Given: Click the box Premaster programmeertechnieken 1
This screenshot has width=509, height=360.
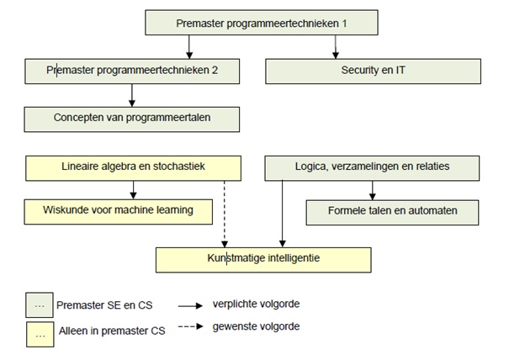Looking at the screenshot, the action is [x=262, y=23].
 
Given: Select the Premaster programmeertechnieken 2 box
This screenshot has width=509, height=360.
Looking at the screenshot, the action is [x=132, y=71].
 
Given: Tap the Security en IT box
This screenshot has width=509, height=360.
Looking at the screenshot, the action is [x=373, y=71].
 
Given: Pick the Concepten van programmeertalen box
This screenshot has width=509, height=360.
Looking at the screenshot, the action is [x=132, y=119].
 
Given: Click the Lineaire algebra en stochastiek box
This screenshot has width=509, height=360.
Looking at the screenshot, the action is [x=133, y=168].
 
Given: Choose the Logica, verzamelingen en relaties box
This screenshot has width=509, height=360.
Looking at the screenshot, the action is [x=372, y=168].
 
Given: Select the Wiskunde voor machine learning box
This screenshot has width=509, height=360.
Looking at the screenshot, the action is [x=118, y=212].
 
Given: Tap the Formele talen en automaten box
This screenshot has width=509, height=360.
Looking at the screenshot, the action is [x=392, y=212].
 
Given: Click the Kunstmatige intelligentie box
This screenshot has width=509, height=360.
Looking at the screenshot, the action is [x=263, y=260].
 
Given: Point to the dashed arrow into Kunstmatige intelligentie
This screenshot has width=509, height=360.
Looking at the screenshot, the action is [x=225, y=214].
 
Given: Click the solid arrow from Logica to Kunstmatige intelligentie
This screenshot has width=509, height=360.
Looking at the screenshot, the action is [x=283, y=214].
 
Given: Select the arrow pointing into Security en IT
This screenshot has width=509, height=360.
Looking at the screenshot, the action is [x=336, y=47].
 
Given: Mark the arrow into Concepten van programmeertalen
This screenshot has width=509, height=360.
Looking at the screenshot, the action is [x=132, y=95].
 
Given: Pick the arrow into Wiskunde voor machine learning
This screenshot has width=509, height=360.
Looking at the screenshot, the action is [x=133, y=190].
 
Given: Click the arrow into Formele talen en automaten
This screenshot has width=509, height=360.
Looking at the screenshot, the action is [x=373, y=190].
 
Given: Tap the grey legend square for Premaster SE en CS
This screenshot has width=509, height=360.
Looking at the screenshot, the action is [x=40, y=304].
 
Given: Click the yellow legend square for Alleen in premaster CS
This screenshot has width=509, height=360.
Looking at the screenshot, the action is [x=40, y=335].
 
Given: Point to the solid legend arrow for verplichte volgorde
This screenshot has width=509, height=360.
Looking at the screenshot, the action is [x=190, y=306].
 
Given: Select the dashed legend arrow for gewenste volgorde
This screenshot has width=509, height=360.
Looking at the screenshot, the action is [x=190, y=326].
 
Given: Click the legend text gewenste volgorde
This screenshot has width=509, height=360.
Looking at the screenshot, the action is [x=256, y=326].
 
